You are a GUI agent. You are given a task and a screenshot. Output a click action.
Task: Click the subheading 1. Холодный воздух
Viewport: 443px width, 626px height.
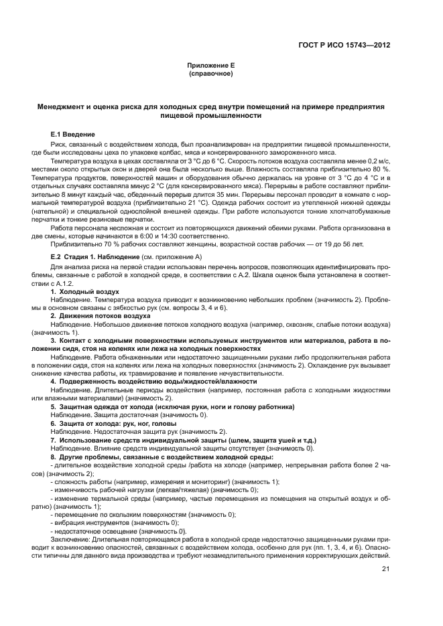(x=85, y=293)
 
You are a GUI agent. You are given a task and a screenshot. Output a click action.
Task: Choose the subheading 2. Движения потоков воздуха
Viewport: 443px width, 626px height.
(x=101, y=315)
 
